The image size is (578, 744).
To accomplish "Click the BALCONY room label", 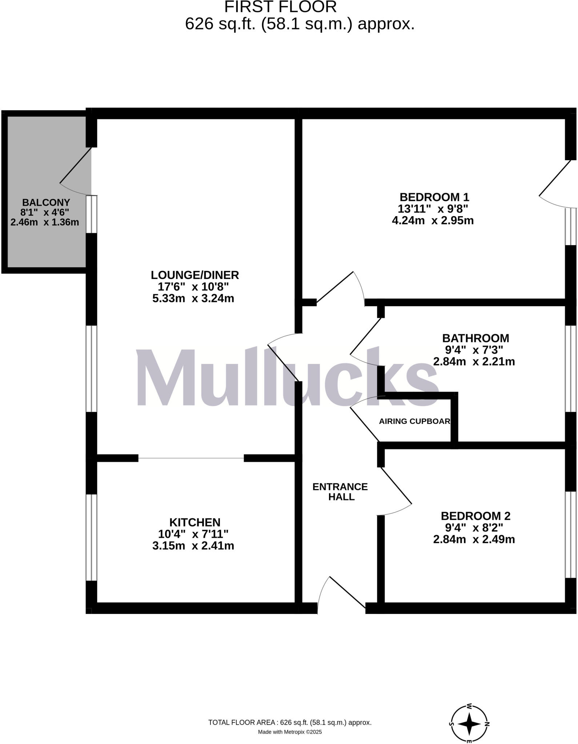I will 46,202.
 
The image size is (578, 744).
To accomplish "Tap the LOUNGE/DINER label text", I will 195,275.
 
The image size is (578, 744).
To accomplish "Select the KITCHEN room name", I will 195,522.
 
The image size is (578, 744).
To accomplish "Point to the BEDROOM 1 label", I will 434,197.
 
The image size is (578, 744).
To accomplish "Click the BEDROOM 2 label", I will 475,516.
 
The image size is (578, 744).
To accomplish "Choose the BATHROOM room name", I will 475,338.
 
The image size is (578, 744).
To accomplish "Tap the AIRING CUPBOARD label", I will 414,421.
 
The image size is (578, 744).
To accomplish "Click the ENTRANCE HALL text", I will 340,492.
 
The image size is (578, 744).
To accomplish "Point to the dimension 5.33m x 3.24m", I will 193,299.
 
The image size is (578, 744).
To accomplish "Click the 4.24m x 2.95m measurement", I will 433,221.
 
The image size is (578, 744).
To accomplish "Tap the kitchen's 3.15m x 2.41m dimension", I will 193,546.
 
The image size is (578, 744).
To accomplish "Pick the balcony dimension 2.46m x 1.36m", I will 45,222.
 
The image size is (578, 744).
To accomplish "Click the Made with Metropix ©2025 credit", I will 290,732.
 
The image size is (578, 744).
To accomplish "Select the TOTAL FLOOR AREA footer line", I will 290,723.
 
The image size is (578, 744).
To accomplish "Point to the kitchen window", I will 92,537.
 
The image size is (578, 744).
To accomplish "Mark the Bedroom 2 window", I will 571,534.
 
